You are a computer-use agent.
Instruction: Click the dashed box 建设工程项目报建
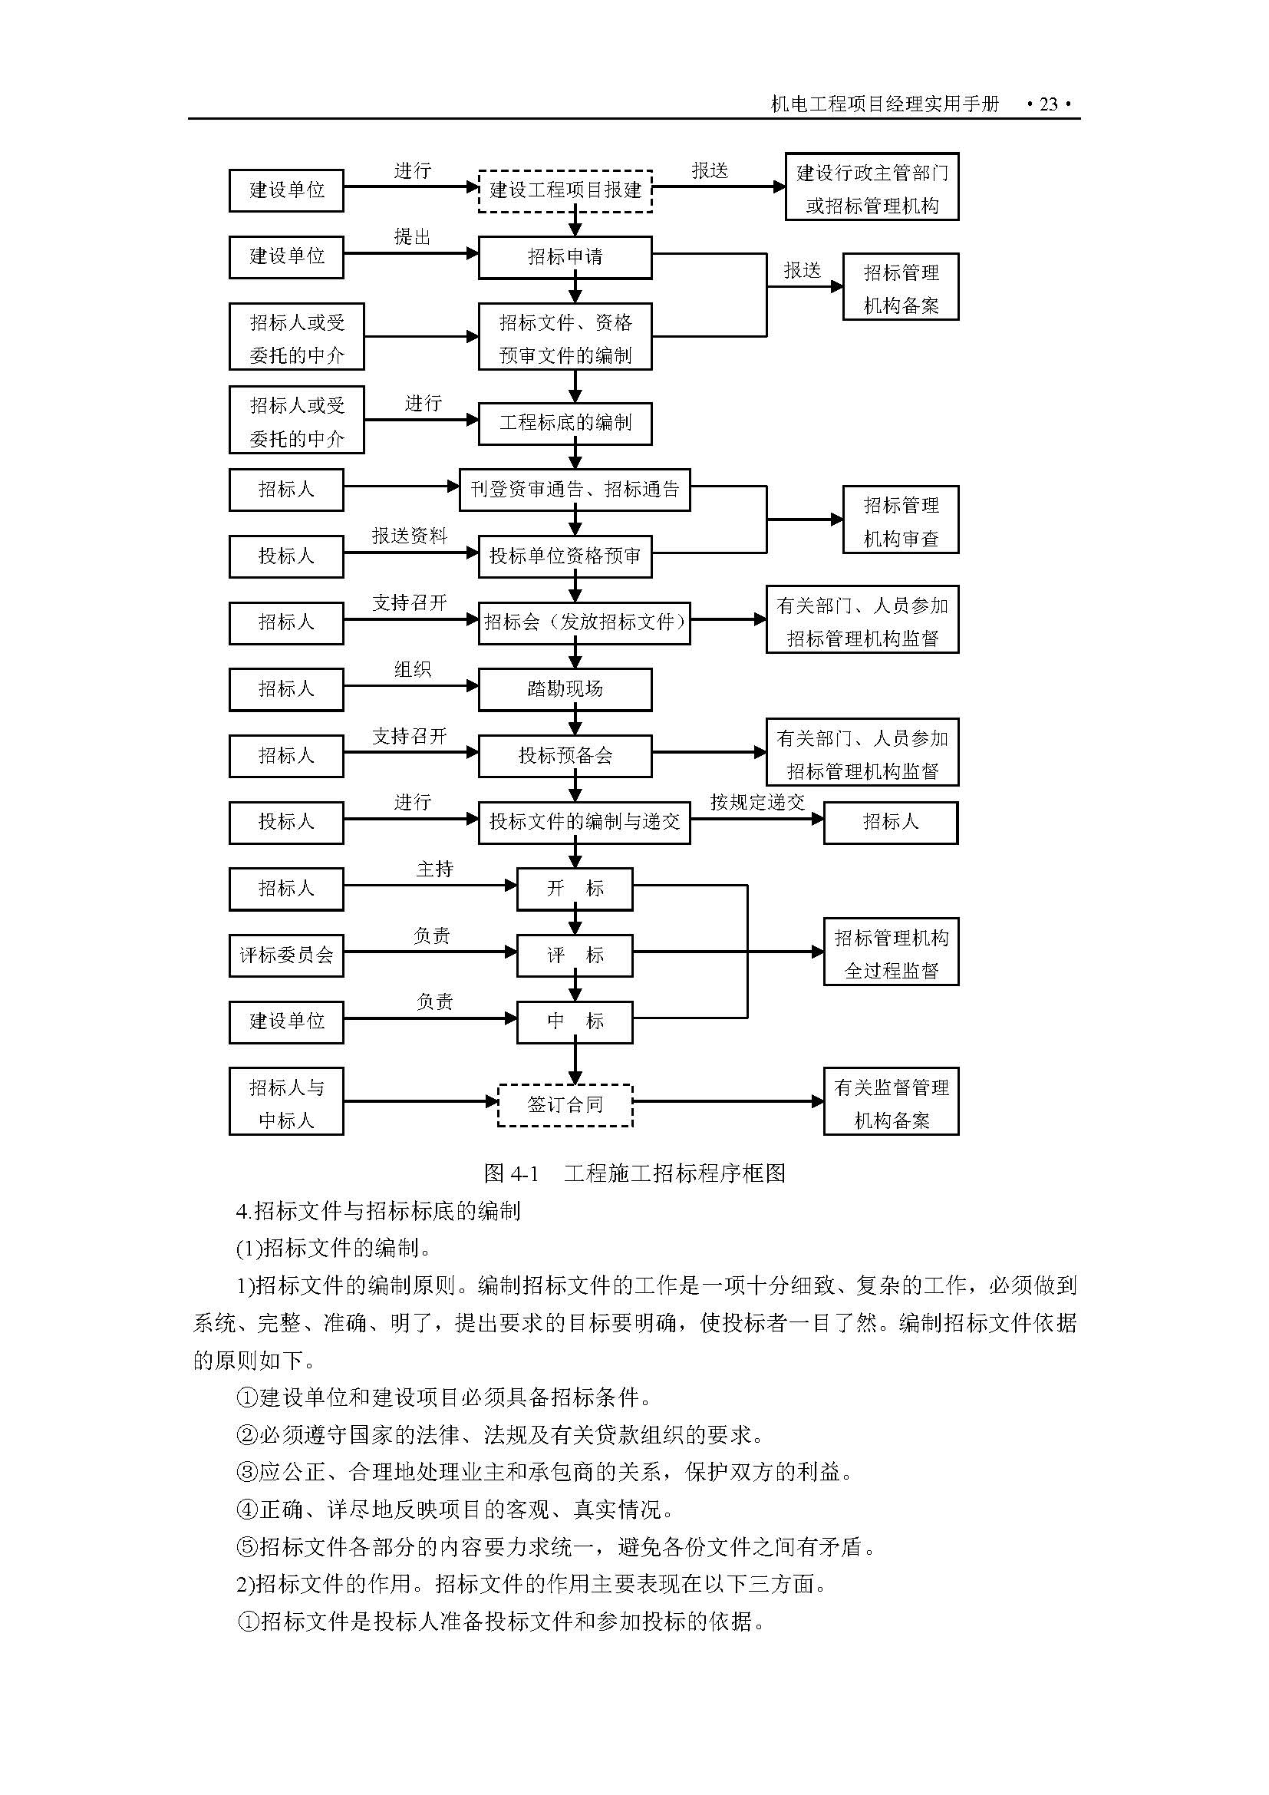click(565, 190)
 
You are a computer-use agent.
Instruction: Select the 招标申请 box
click(565, 256)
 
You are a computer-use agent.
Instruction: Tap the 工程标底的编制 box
click(565, 423)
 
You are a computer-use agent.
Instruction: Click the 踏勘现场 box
click(565, 688)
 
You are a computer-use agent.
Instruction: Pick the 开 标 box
click(575, 888)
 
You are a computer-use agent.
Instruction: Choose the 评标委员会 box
click(286, 955)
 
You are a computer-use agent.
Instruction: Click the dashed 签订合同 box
click(565, 1104)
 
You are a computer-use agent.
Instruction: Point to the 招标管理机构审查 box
click(900, 520)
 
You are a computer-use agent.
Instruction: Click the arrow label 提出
click(413, 237)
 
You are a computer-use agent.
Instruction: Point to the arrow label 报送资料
click(410, 536)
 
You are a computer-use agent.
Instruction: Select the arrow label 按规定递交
click(757, 802)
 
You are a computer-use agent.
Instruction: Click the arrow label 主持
click(434, 869)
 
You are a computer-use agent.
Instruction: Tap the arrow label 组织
click(413, 669)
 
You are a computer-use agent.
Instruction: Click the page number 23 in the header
click(1048, 104)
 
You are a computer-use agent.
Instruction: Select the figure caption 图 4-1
click(512, 1173)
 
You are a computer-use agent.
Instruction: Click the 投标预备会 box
click(565, 755)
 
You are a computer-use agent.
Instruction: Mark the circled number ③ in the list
click(247, 1472)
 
